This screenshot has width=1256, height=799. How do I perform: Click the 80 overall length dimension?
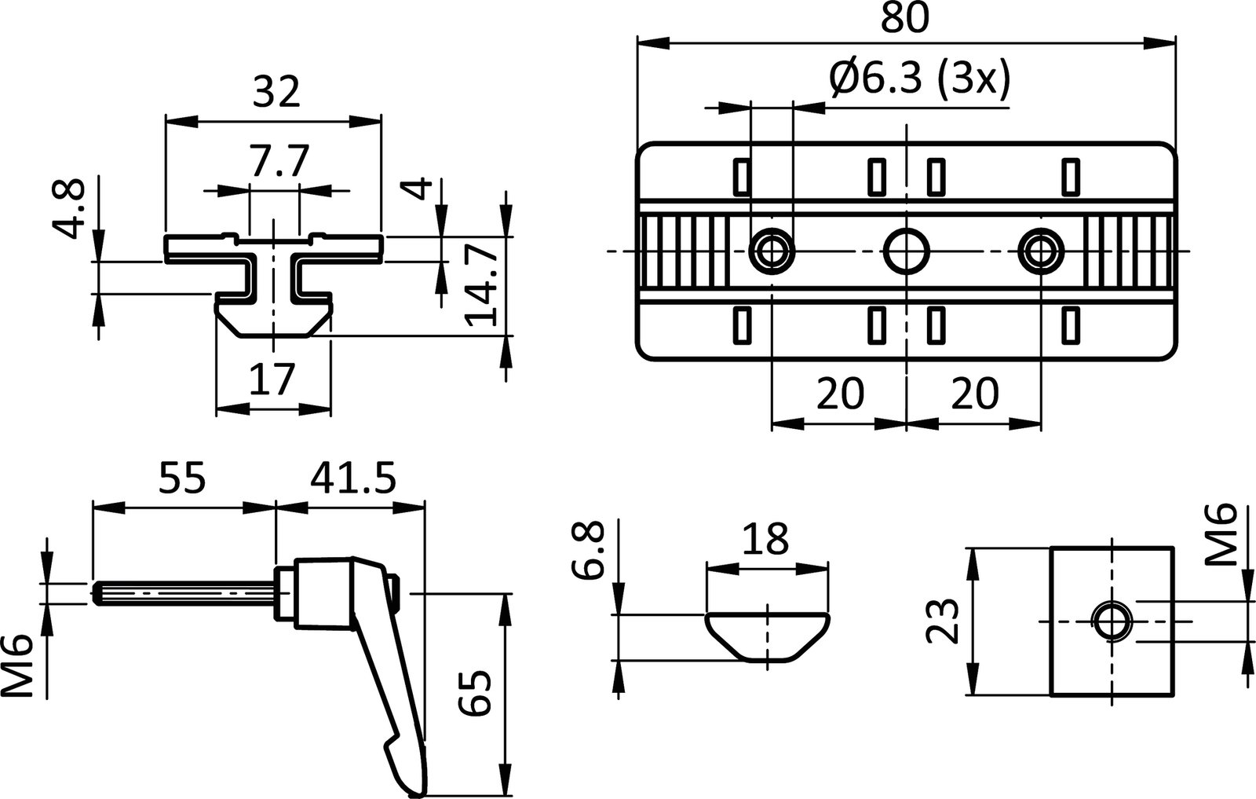[x=904, y=18]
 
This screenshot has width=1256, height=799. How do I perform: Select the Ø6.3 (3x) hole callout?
[x=918, y=79]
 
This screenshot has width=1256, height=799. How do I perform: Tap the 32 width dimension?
[x=277, y=93]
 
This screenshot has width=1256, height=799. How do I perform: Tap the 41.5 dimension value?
[x=352, y=478]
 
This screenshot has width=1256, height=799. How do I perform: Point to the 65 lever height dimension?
[x=476, y=691]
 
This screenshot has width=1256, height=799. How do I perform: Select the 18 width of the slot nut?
[x=765, y=541]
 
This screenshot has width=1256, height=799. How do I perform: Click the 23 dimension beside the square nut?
[x=941, y=621]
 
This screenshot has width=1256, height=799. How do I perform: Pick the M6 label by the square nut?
[x=1221, y=535]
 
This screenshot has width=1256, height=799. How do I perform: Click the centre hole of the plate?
[x=907, y=251]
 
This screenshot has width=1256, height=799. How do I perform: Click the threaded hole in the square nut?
[x=1112, y=621]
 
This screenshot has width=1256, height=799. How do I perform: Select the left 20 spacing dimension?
[x=839, y=393]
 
